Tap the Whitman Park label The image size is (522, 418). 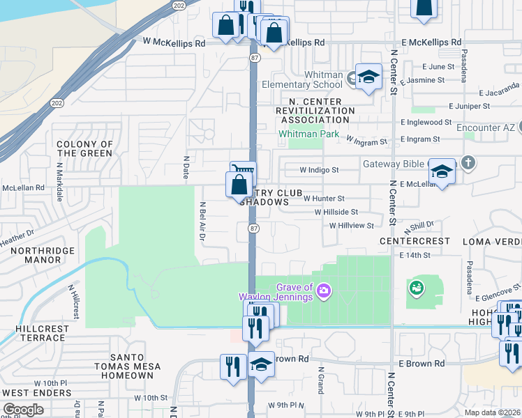300,133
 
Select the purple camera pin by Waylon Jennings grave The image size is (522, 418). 324,290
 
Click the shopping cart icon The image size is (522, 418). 243,170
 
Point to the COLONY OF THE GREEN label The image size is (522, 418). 84,148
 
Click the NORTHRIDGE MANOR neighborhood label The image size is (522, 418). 32,254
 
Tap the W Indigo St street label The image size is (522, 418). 319,169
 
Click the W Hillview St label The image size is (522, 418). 352,225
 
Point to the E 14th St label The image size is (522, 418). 415,256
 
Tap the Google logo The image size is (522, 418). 22,410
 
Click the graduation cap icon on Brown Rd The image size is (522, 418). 260,364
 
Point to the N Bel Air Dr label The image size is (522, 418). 202,222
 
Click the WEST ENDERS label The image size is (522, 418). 36,393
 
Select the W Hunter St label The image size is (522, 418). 324,199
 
